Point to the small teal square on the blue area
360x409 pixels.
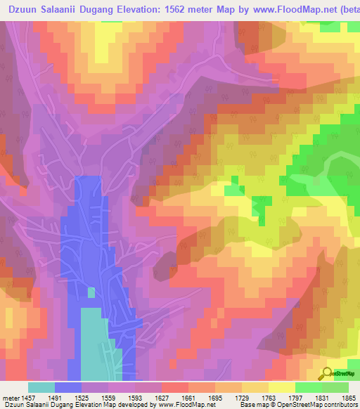point(91,292)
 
